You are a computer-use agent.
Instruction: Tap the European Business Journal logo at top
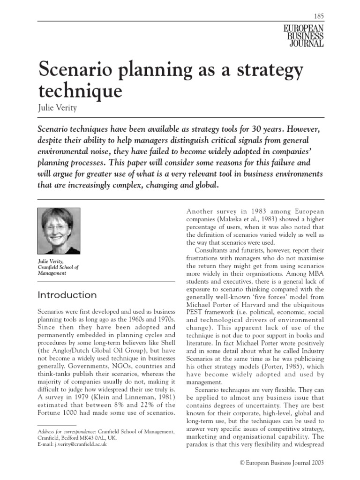tap(304, 36)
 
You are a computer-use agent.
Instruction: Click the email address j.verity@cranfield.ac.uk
tap(80, 443)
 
